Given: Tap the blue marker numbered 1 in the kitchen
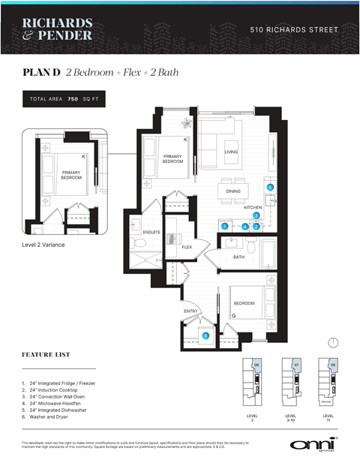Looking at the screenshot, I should coord(224,226).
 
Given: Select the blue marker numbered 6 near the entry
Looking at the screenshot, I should coord(205,336).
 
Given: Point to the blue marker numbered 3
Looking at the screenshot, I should coord(256,216).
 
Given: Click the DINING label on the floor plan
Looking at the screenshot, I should coord(233,191).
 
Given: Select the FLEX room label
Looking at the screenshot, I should coord(187,246).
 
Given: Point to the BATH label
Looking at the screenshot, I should coord(238,257).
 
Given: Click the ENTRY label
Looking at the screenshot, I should coord(190,311).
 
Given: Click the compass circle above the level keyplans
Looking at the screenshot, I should coord(333,342).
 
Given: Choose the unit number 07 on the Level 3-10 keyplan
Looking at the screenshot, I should coord(295,365).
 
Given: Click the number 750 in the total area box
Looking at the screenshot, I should coord(73,99).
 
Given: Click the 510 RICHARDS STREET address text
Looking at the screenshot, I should coord(293,30).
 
